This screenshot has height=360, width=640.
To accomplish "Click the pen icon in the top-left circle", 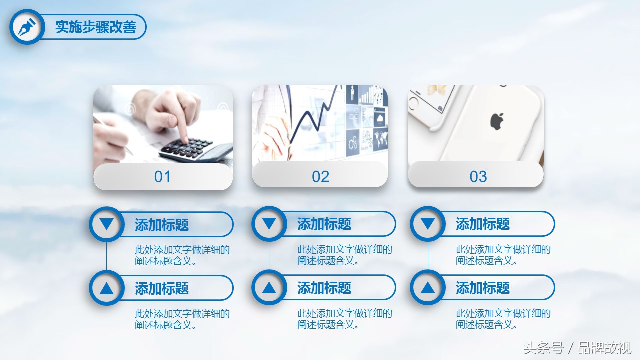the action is tap(27, 27).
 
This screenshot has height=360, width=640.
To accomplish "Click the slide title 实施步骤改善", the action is tap(95, 27).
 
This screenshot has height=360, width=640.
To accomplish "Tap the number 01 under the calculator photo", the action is tap(162, 177).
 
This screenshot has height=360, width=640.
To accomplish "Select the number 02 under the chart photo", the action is tap(320, 177).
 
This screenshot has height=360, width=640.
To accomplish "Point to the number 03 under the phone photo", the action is tap(478, 177).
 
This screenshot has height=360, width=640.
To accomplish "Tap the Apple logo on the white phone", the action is tap(497, 121).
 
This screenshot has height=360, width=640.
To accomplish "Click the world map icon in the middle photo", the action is tap(380, 140).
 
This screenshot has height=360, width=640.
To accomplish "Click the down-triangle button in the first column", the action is tap(107, 224).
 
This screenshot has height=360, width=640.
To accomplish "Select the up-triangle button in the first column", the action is tap(107, 288).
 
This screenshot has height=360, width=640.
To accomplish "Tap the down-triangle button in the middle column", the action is tap(269, 224).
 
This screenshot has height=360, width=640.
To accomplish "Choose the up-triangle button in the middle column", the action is tap(269, 287).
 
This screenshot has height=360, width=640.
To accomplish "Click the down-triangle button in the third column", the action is tap(428, 224).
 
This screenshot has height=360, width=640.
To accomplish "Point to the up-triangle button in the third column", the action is tap(428, 287).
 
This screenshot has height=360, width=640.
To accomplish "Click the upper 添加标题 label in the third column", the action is tap(483, 224).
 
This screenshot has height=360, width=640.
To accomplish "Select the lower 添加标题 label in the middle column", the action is tap(324, 287).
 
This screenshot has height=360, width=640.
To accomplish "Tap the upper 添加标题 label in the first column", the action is tap(162, 225).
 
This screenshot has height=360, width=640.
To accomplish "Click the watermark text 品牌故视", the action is tap(604, 348).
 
